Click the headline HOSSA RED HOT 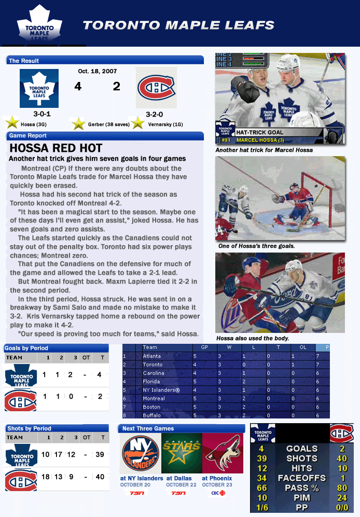point(56,148)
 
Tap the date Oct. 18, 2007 point(97,71)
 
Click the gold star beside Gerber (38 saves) point(78,124)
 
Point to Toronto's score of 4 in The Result point(78,87)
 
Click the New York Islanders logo point(140,454)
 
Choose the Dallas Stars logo point(181,454)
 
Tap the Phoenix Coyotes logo point(223,454)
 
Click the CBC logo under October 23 point(223,493)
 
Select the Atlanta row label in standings point(152,356)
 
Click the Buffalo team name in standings point(151,415)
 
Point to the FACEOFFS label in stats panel point(301,478)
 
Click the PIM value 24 point(342,498)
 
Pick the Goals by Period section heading point(26,348)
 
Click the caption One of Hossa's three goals point(256,246)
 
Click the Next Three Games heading point(148,428)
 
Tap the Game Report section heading point(27,136)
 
